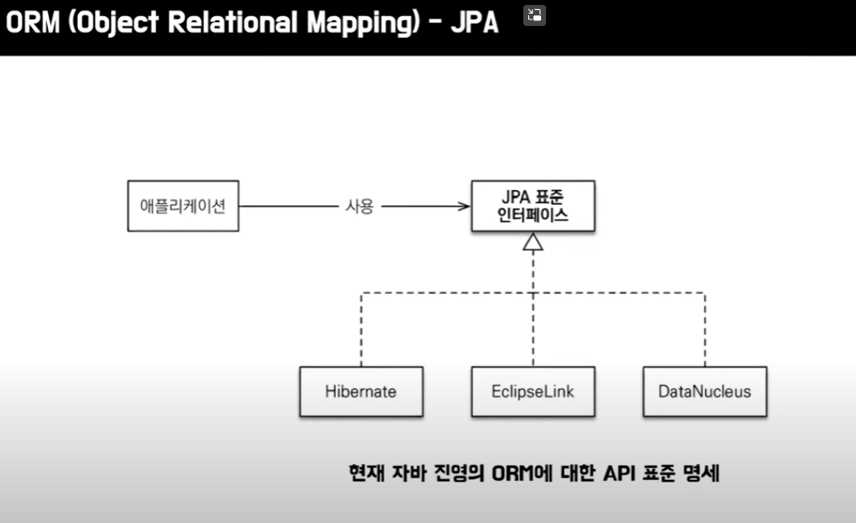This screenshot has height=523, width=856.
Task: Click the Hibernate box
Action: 361,391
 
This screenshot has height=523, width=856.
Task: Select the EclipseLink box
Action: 533,391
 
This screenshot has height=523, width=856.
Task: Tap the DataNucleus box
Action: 704,391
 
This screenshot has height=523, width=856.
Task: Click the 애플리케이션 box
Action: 183,205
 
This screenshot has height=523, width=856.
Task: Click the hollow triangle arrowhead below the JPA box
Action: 533,241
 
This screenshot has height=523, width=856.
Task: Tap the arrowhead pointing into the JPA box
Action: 464,206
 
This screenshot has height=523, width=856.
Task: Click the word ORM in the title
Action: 31,24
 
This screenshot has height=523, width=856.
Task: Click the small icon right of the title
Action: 534,15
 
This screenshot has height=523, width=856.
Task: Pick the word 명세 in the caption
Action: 701,473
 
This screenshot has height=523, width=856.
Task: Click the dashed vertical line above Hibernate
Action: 361,329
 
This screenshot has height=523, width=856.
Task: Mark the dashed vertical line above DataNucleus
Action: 704,329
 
